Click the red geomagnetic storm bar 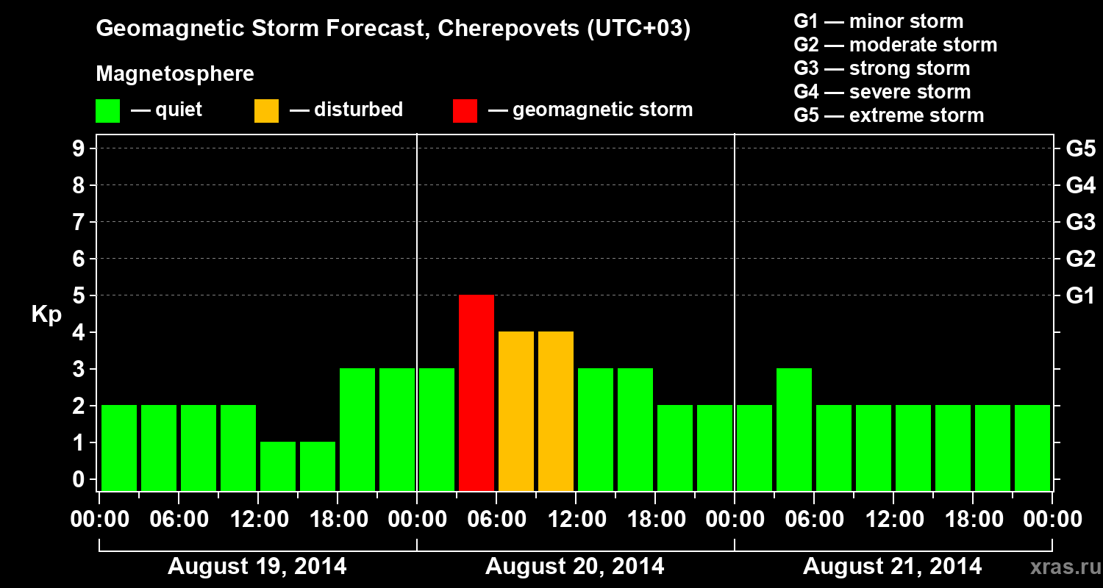476,392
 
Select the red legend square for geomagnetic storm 465,111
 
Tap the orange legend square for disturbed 266,111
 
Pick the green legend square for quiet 107,111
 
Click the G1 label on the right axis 1080,296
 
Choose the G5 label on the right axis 1080,149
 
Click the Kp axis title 46,315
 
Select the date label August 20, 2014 574,567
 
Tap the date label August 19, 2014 257,567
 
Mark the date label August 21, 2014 892,567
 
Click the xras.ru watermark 1059,567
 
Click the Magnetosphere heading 175,74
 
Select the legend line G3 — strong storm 882,68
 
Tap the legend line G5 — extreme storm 888,115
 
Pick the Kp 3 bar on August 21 794,429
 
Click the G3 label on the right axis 1080,223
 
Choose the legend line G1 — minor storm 879,21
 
